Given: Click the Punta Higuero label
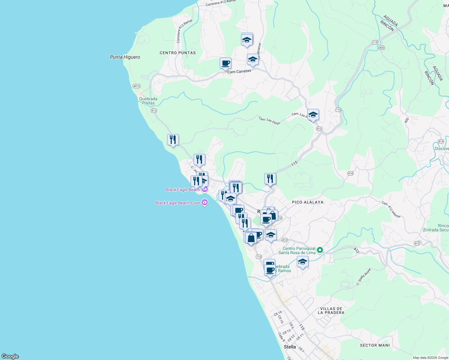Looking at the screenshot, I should coord(125,57).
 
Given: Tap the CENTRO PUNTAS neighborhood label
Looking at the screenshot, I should coord(178,53).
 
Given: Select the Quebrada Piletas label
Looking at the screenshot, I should coord(148,101).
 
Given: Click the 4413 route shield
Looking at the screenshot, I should coord(136,86).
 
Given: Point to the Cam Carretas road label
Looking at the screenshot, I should coord(239,71).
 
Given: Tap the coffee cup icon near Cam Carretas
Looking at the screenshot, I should coord(225,64).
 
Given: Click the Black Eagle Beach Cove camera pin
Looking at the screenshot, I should coord(205,202).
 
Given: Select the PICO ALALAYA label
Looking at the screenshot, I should coord(308,202).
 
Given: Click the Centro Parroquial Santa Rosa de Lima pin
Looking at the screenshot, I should coord(320,250).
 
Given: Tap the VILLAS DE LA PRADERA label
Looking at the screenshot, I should coord(331,310).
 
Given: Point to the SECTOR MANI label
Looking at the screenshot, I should coord(375,345).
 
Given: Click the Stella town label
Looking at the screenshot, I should coord(290,347).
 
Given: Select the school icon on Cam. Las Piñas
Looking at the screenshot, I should coord(313,115).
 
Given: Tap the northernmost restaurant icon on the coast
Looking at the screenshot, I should coord(173,140).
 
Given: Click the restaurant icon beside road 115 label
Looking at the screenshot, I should coord(270,179).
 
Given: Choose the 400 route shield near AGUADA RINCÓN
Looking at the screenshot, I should coord(381,48).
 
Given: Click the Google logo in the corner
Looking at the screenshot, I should coord(10,356).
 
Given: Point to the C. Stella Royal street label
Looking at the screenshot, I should coord(364,277).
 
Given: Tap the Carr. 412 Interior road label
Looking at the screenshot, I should coord(391,209).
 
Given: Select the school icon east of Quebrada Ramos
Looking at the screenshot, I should coord(303,262).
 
